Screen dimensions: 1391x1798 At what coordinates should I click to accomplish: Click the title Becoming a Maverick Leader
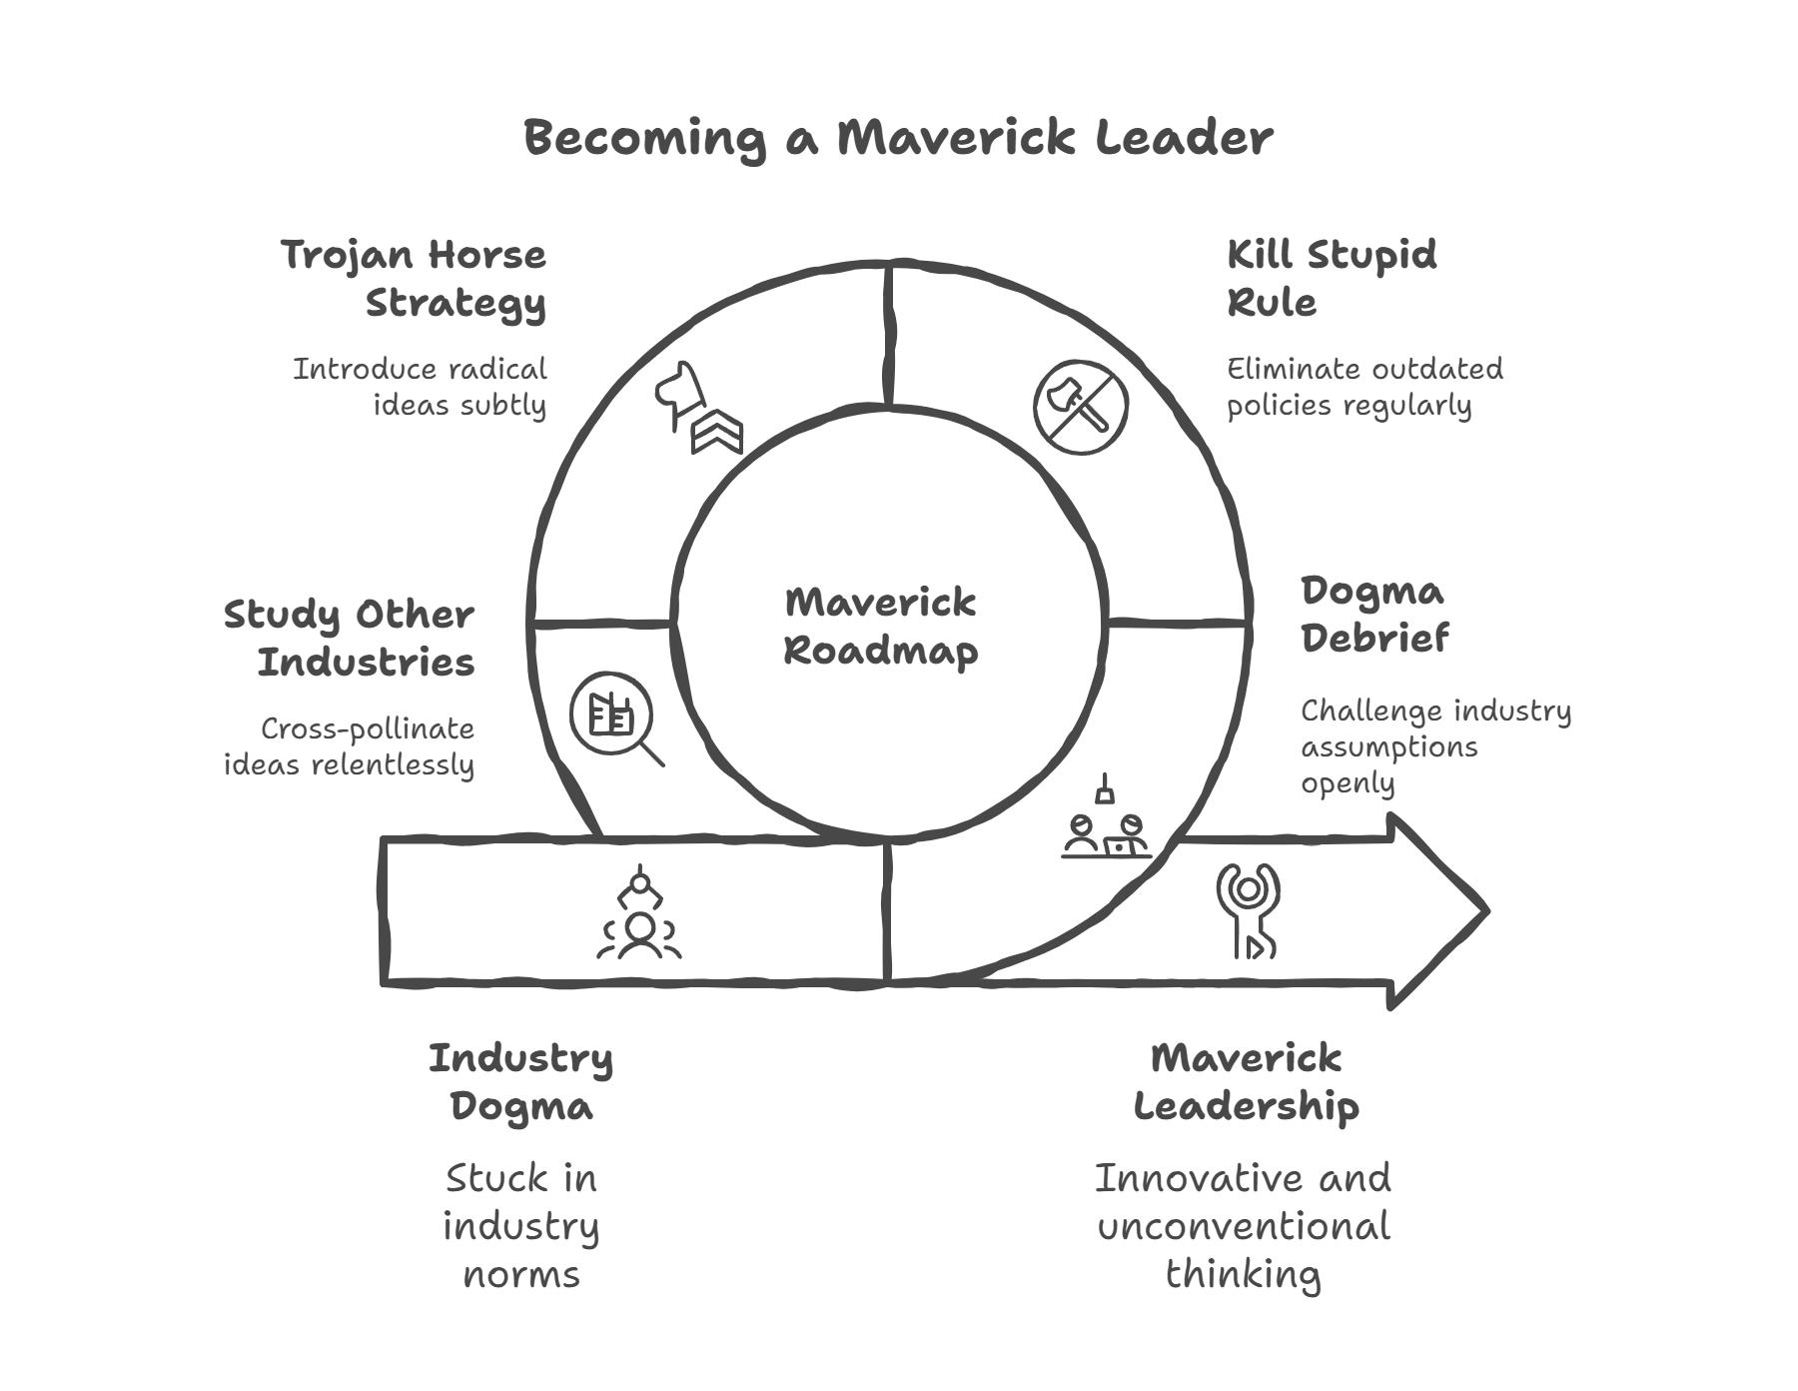(x=898, y=138)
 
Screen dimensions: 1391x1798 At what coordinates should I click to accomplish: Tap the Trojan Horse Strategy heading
(x=415, y=278)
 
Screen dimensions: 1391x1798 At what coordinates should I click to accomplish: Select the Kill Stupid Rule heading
(x=1332, y=278)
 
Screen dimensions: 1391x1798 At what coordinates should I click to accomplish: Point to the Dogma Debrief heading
(x=1373, y=615)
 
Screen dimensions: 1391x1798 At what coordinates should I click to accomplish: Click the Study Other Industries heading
(x=350, y=638)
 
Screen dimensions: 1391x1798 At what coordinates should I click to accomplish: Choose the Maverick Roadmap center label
(x=880, y=627)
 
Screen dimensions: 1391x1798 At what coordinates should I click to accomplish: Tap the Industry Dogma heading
(x=520, y=1081)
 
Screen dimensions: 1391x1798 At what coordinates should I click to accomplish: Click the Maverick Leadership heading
(x=1246, y=1081)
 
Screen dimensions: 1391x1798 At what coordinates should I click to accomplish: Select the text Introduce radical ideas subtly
(x=420, y=388)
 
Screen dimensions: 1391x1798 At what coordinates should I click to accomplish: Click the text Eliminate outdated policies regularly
(x=1364, y=388)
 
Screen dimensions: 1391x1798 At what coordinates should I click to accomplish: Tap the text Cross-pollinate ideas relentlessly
(x=350, y=746)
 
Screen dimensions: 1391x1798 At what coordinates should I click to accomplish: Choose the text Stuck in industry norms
(x=520, y=1226)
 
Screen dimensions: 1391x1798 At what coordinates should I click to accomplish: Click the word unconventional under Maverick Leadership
(x=1244, y=1226)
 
